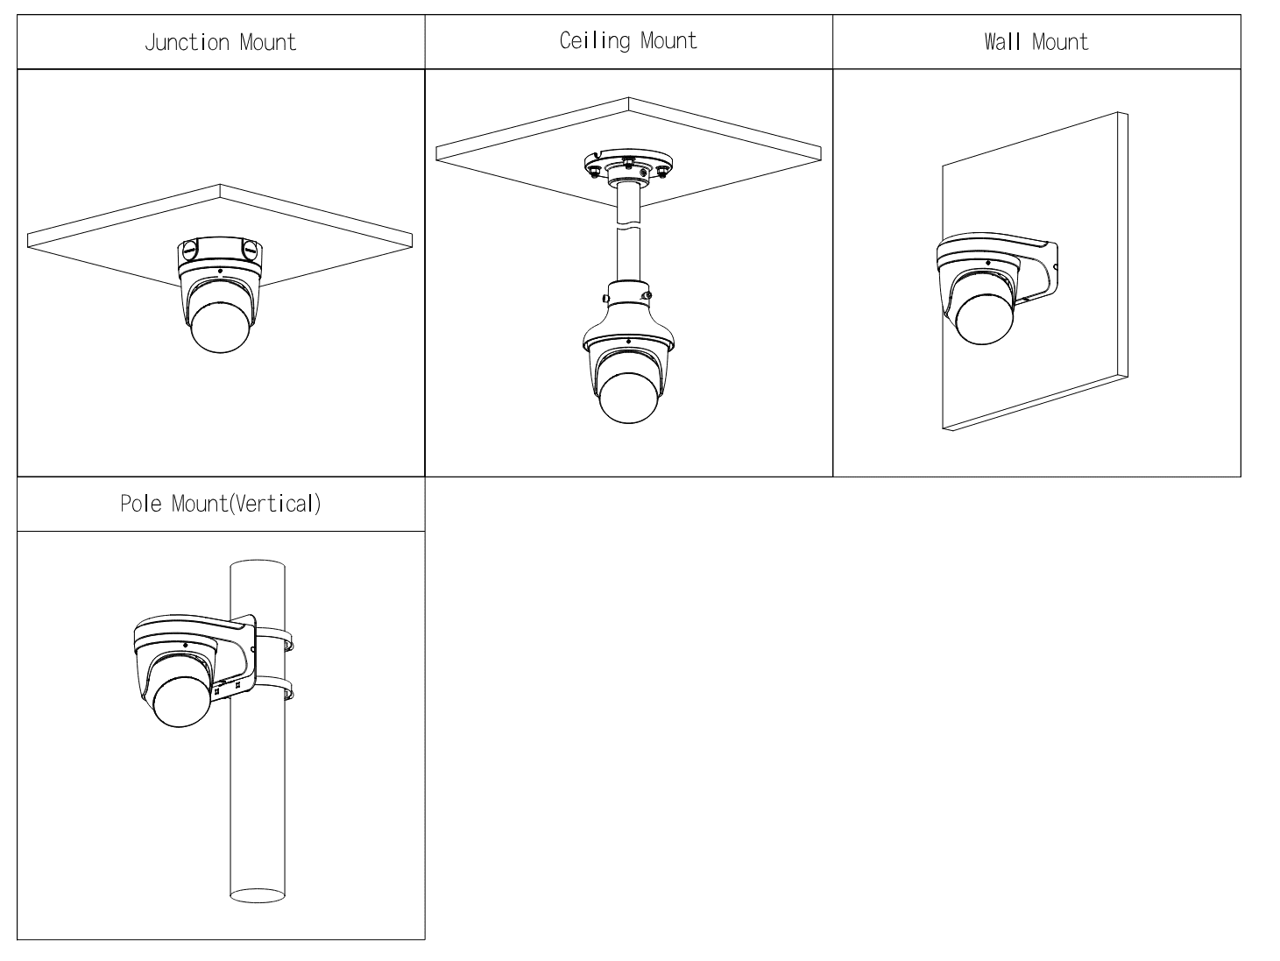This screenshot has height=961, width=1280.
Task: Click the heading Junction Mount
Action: [x=220, y=42]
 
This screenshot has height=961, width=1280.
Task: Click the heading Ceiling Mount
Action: [x=628, y=40]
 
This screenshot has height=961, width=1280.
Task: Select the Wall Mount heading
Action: [x=1036, y=42]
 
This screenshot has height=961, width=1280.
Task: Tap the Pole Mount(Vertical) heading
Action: [x=220, y=504]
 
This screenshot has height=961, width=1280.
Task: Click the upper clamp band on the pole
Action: [x=273, y=637]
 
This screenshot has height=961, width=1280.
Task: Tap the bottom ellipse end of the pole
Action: [x=258, y=895]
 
